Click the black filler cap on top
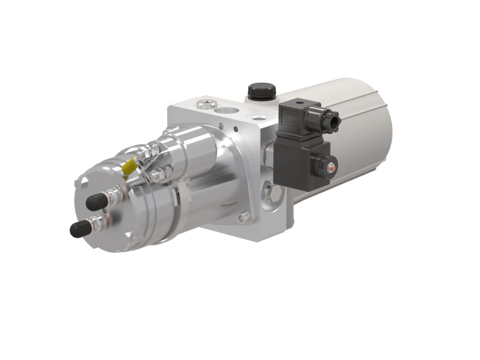262,90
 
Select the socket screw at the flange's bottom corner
240,218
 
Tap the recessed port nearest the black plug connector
256,118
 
